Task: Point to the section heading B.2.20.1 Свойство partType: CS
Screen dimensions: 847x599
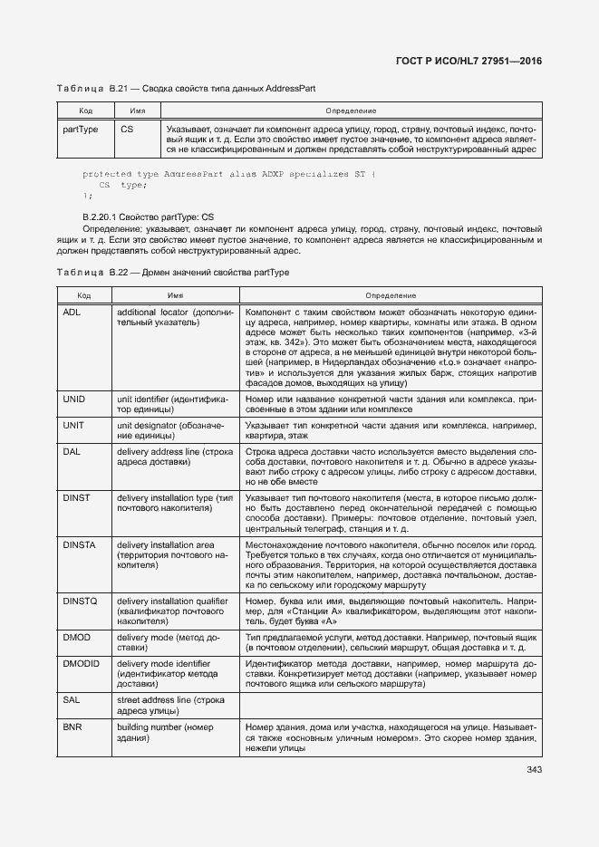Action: pos(148,217)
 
